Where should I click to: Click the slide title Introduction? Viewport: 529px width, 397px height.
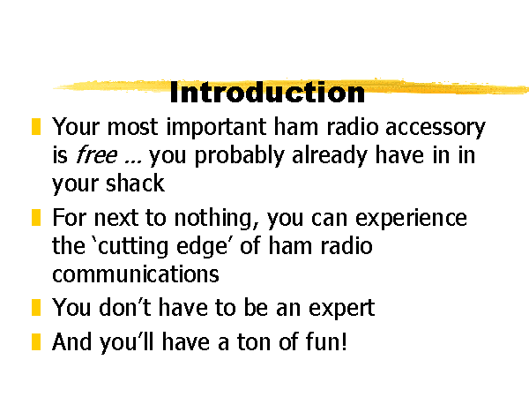(267, 92)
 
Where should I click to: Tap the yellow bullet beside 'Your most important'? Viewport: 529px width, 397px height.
(36, 126)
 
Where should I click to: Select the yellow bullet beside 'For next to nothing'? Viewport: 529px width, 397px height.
(36, 217)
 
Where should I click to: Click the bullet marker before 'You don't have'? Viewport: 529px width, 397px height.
(36, 307)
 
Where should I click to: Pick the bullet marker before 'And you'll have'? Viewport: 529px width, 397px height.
(36, 341)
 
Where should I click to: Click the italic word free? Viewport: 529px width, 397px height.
(97, 154)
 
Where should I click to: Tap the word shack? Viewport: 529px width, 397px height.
(135, 183)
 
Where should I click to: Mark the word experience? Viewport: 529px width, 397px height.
(411, 219)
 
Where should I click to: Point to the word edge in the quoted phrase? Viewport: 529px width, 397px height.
(202, 247)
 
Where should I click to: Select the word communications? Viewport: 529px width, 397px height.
(136, 273)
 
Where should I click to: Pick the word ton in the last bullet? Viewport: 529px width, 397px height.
(254, 342)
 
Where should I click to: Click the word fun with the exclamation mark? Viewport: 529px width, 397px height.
(326, 341)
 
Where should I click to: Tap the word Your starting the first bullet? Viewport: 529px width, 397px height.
(76, 127)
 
